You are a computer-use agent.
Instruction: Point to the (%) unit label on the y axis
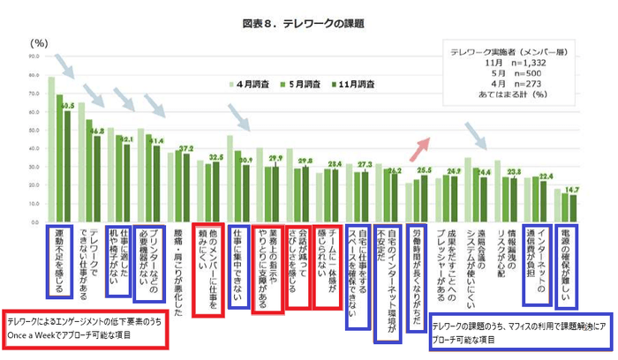tap(39, 42)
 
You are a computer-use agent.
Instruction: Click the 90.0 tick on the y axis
tap(34, 56)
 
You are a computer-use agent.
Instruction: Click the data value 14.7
tap(573, 190)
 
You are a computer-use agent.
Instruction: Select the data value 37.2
tap(186, 148)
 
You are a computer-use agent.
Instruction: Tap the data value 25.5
tap(423, 169)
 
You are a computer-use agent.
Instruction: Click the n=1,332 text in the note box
tap(516, 65)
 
